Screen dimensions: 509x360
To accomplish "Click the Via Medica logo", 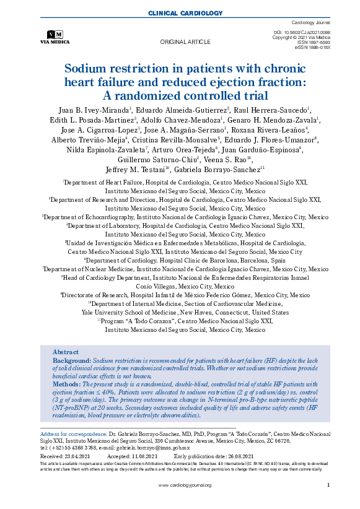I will pyautogui.click(x=55, y=37).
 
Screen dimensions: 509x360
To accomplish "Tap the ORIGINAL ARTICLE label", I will pyautogui.click(x=186, y=42).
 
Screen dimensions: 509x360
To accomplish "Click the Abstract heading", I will pyautogui.click(x=66, y=351).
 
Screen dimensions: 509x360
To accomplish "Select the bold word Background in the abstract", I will pyautogui.click(x=71, y=360).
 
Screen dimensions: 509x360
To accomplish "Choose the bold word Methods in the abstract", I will pyautogui.click(x=67, y=384).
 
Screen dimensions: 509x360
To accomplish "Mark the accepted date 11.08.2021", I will pyautogui.click(x=151, y=455).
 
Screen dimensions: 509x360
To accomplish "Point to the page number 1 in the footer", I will pyautogui.click(x=327, y=485).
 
